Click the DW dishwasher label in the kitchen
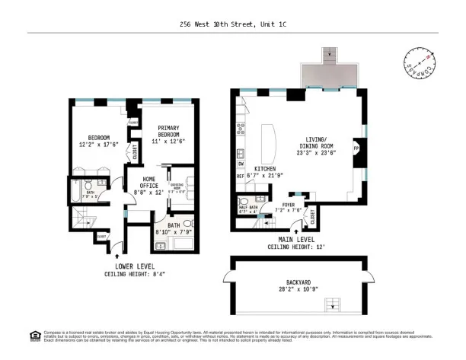tap(241, 164)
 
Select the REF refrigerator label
tap(241, 177)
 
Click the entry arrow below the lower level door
tap(116, 258)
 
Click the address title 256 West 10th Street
tap(233, 24)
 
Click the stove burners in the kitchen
tap(241, 128)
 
